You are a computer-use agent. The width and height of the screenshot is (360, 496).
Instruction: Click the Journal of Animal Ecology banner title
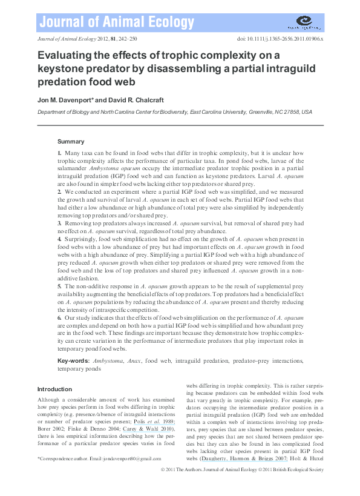106,23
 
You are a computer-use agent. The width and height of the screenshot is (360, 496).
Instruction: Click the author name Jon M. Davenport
64,99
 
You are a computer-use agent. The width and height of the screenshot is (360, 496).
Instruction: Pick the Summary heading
71,141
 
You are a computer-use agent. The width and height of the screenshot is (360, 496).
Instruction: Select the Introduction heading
54,389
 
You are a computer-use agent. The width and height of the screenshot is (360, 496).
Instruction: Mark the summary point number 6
59,317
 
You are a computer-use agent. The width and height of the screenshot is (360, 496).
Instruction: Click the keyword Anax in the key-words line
132,361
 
